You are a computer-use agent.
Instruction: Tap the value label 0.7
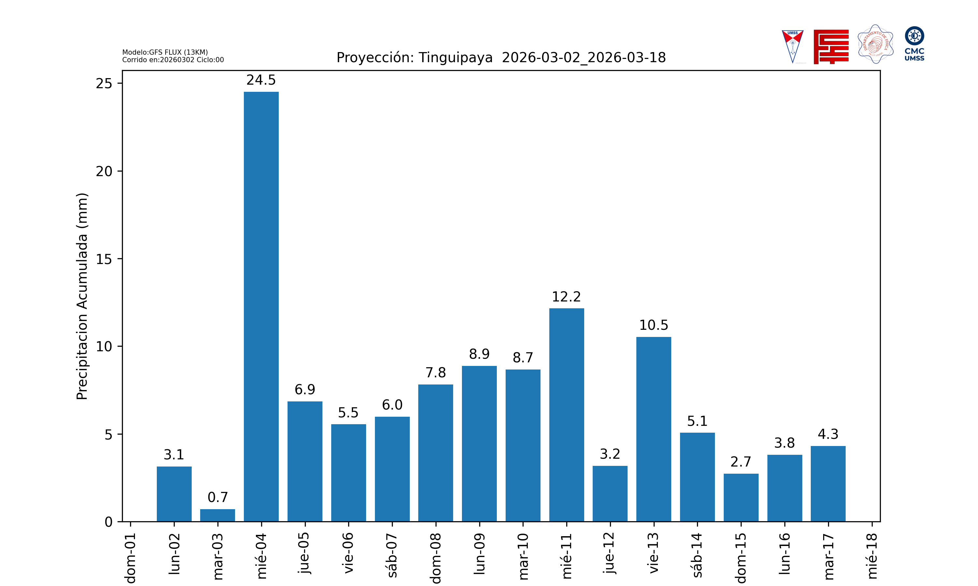(217, 497)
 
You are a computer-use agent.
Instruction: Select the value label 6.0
(392, 405)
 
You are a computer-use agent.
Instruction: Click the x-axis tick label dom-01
(130, 558)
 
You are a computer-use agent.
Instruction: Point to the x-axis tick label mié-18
(872, 556)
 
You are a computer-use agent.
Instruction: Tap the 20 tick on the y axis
(104, 171)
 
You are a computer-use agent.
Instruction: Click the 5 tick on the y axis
(108, 434)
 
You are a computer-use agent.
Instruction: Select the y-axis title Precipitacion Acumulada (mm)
(82, 296)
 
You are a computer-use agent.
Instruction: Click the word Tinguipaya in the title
(455, 58)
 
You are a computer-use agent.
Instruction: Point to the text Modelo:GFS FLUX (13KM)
(165, 52)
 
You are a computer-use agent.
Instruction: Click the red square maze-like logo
(831, 47)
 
